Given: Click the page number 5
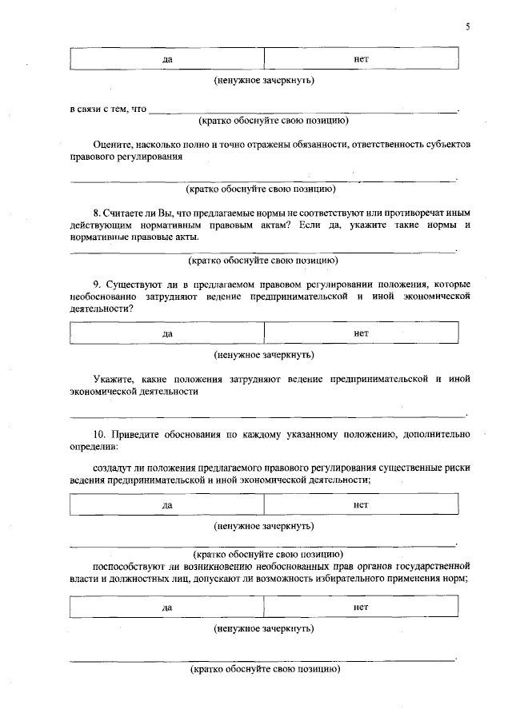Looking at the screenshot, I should tap(468, 27).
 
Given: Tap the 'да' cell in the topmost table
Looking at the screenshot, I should tap(167, 60).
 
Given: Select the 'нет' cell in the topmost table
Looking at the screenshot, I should tap(361, 59).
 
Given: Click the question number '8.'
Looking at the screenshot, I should tap(98, 213).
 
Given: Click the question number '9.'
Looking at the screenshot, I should tap(98, 284).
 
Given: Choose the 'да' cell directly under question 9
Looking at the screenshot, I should tap(167, 333).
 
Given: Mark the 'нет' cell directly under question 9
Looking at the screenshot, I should tap(361, 333).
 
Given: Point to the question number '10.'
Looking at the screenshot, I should tap(101, 434).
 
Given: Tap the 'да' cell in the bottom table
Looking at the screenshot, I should tap(167, 607).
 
